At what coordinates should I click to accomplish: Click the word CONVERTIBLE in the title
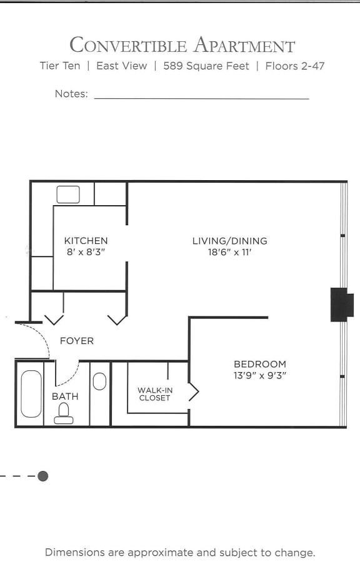tap(127, 46)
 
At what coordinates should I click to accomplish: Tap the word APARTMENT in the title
tap(244, 46)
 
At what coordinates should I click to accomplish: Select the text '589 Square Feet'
tap(206, 66)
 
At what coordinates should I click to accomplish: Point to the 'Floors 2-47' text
tap(295, 66)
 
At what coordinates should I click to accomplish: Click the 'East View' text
tap(122, 66)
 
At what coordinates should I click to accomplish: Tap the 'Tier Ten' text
tap(59, 66)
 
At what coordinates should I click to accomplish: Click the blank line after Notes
tap(201, 97)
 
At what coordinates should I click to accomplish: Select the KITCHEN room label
tap(86, 241)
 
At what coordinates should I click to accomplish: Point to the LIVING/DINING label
tap(229, 241)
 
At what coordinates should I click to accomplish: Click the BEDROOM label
tap(259, 364)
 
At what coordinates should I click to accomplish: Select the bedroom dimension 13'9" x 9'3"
tap(259, 376)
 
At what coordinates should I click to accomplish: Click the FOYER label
tap(76, 341)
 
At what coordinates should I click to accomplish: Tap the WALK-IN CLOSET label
tap(154, 394)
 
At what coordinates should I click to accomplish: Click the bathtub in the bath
tap(31, 394)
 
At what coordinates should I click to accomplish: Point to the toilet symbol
tap(63, 413)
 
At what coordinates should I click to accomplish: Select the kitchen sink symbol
tap(68, 195)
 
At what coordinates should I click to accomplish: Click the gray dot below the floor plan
tap(42, 476)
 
